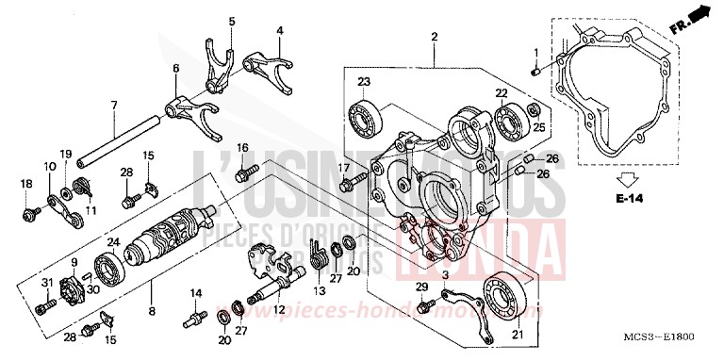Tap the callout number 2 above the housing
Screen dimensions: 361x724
pos(435,37)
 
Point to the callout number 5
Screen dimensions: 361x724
pos(232,21)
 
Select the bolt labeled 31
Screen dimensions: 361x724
pos(41,308)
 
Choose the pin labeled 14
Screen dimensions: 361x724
pos(197,320)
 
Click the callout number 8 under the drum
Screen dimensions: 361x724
pos(150,308)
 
